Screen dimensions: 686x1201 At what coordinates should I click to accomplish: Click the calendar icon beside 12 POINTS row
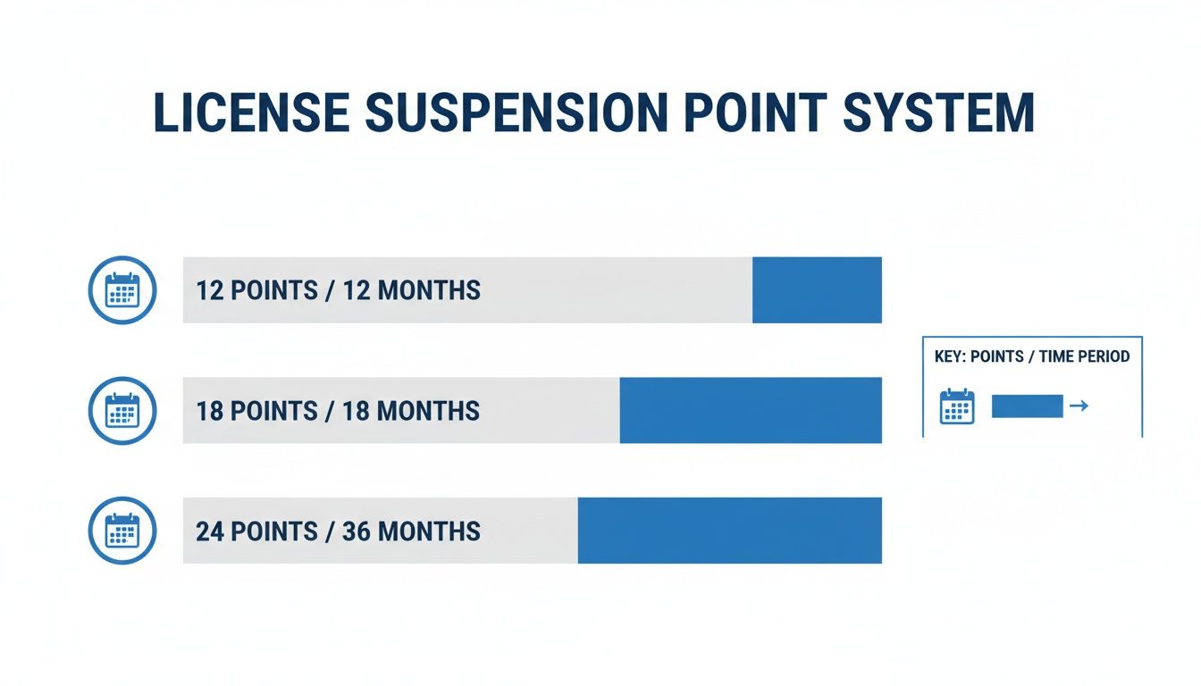click(x=122, y=290)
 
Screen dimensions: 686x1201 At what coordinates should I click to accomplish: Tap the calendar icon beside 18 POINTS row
click(x=122, y=411)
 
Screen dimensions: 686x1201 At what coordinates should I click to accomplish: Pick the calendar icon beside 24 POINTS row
click(x=122, y=531)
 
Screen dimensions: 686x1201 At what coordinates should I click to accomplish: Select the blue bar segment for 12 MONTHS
click(x=817, y=290)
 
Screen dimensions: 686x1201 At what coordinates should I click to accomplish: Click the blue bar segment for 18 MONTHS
click(x=751, y=411)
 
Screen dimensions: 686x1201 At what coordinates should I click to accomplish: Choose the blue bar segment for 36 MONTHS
click(x=729, y=531)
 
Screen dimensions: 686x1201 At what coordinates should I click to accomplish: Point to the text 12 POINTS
click(x=257, y=290)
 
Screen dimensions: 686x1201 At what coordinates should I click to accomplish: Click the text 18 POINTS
click(x=257, y=411)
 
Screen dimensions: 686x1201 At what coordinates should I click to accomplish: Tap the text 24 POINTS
click(x=257, y=531)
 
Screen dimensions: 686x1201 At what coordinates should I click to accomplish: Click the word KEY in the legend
click(x=948, y=356)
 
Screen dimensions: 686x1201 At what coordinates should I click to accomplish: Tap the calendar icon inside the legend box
click(x=957, y=406)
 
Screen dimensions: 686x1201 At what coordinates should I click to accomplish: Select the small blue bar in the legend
click(x=1027, y=406)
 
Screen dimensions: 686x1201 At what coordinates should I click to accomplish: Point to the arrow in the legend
click(x=1079, y=406)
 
